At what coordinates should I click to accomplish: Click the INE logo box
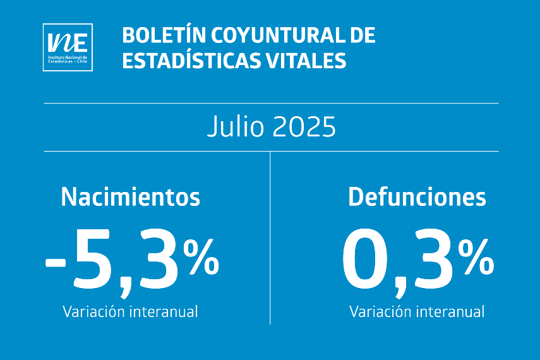click(68, 47)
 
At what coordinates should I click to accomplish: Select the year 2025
click(304, 128)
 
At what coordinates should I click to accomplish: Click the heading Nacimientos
click(130, 198)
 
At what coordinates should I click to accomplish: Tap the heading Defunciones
click(417, 198)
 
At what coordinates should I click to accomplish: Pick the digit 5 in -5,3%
click(95, 259)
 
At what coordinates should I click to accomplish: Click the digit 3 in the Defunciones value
click(433, 259)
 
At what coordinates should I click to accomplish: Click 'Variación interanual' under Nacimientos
click(130, 311)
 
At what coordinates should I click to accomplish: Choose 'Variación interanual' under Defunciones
click(417, 311)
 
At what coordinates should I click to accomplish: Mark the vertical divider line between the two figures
click(270, 240)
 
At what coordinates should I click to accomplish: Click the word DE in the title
click(362, 36)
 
